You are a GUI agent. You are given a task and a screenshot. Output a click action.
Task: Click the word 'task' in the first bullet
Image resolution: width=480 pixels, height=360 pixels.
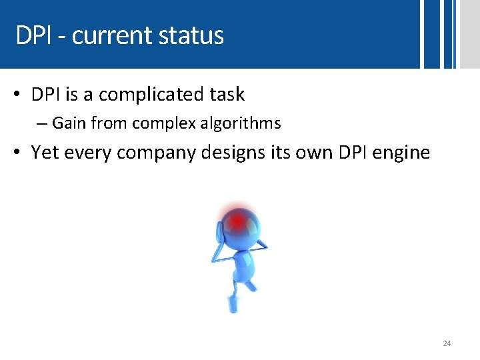click(x=227, y=95)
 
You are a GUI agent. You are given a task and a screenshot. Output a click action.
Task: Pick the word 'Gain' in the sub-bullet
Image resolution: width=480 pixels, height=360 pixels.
click(x=69, y=123)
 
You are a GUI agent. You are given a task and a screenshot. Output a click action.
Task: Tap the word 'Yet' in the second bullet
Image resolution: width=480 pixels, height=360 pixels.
click(x=45, y=153)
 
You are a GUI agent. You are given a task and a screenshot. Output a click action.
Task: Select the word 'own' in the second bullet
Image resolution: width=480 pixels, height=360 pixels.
click(x=311, y=153)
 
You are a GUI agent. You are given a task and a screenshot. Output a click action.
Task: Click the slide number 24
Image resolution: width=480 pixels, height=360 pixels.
click(x=447, y=343)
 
